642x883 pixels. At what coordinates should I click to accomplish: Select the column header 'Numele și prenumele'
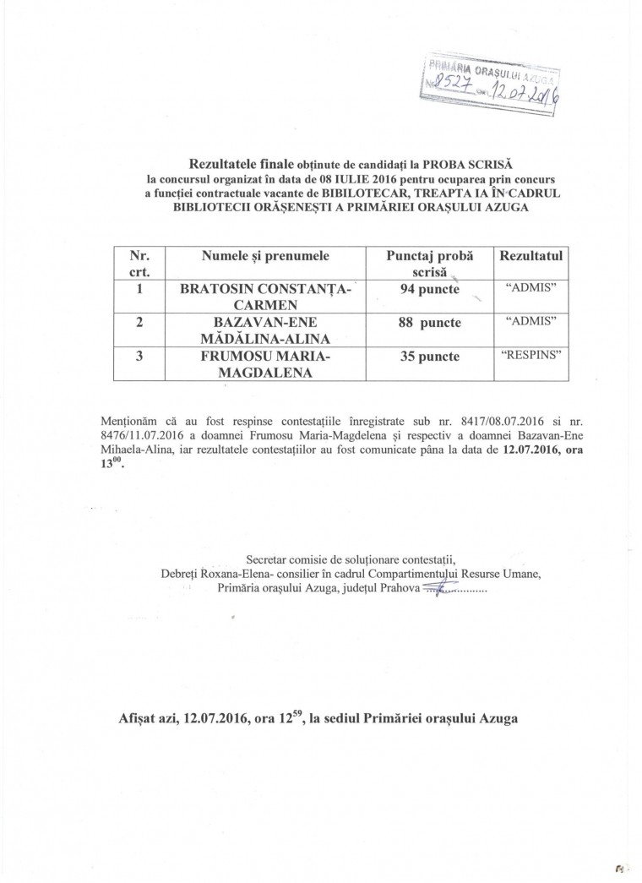tap(265, 253)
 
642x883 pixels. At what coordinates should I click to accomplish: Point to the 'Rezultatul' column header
tap(531, 253)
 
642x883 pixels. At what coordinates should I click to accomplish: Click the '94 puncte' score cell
tap(428, 290)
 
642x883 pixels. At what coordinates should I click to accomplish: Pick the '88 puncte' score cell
tap(428, 324)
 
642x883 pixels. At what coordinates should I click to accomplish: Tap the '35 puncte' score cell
tap(428, 357)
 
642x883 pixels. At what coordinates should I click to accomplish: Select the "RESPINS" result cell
tap(531, 355)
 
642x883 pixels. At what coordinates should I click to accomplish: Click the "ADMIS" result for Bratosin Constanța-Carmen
tap(531, 288)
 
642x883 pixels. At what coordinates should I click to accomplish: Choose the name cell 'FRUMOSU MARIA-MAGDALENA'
tap(265, 364)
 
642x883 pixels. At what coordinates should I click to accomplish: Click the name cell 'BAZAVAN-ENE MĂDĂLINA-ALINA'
tap(265, 330)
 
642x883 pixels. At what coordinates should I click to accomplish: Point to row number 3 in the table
tap(139, 357)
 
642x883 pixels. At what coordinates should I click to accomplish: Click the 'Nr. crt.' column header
tap(139, 262)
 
